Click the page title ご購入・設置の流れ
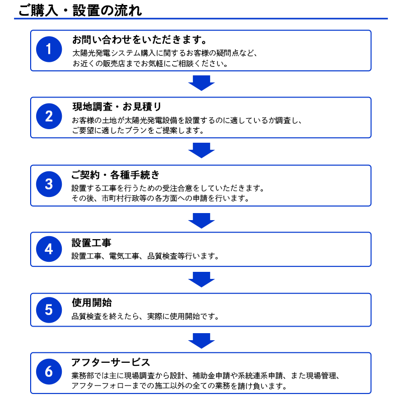[80, 11]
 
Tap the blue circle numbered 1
[49, 49]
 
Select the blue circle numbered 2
[49, 116]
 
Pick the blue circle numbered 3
[49, 184]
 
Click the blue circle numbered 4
[49, 249]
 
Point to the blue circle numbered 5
[49, 310]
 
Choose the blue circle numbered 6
[49, 371]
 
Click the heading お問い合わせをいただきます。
[140, 40]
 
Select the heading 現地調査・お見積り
[117, 107]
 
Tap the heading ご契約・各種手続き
[116, 175]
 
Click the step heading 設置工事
[91, 243]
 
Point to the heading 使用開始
[91, 303]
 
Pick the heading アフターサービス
[111, 362]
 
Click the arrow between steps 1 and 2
[202, 83]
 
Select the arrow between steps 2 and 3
[202, 150]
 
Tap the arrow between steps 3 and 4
[202, 221]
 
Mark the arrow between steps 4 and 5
[202, 280]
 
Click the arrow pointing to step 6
[202, 341]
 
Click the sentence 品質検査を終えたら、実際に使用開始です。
[145, 317]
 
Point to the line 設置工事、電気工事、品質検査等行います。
[145, 256]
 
